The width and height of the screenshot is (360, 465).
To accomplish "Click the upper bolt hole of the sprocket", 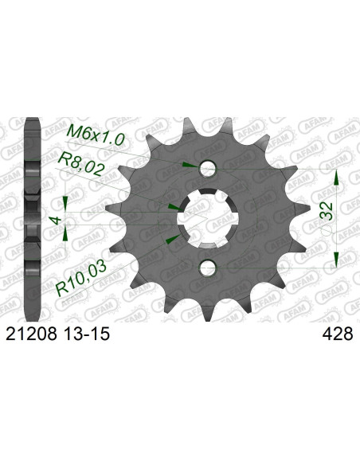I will (208, 169).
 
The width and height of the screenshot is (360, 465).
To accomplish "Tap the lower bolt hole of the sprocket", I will (208, 265).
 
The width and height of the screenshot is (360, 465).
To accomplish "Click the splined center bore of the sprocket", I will (208, 217).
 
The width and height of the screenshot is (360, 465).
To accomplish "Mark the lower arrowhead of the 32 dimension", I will (338, 259).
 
